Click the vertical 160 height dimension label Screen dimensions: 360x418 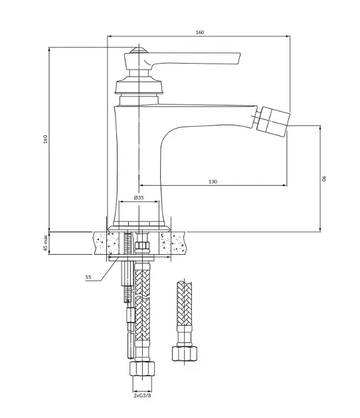pyautogui.click(x=45, y=139)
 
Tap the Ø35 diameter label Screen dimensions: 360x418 pyautogui.click(x=139, y=198)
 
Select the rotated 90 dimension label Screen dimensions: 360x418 pyautogui.click(x=324, y=178)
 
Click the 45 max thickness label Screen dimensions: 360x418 pyautogui.click(x=46, y=243)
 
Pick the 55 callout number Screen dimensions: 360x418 pyautogui.click(x=88, y=277)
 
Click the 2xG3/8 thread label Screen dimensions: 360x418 pyautogui.click(x=142, y=395)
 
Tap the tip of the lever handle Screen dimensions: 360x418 pyautogui.click(x=239, y=58)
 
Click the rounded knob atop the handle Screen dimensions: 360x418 pyautogui.click(x=139, y=50)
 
